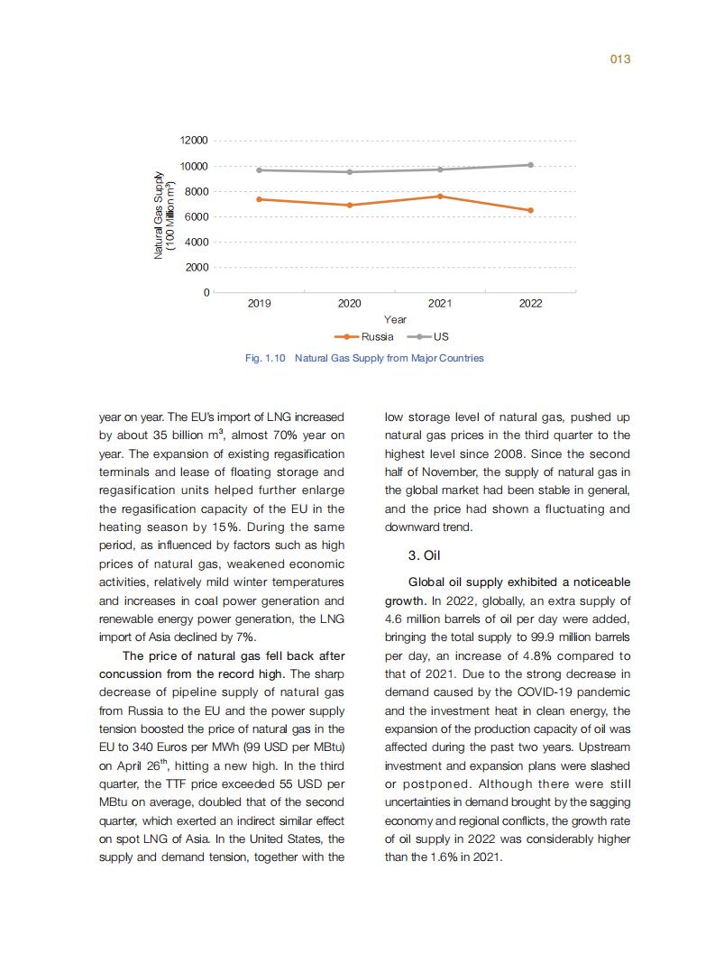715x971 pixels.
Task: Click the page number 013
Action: (619, 60)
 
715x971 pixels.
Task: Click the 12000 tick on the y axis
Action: (194, 141)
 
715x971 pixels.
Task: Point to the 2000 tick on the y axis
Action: (197, 268)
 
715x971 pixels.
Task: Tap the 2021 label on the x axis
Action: (440, 304)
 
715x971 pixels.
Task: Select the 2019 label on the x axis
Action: (259, 304)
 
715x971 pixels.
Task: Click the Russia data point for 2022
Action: (530, 210)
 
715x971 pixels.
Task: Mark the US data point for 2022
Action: (530, 165)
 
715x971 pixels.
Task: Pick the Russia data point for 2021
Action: (440, 196)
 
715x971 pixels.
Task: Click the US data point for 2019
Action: (260, 169)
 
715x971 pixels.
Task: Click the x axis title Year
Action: (395, 319)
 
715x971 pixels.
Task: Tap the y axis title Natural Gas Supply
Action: (159, 215)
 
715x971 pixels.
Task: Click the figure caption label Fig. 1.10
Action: (265, 358)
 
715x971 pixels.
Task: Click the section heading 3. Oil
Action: (424, 556)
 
